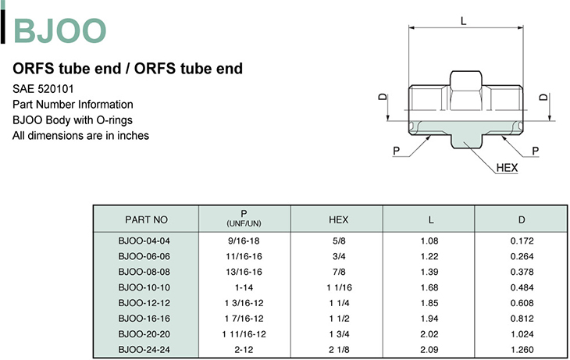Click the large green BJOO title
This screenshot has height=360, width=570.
pyautogui.click(x=60, y=31)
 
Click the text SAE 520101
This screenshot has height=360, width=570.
pyautogui.click(x=43, y=89)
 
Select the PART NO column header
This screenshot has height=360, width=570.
pyautogui.click(x=146, y=219)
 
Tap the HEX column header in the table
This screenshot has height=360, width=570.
pyautogui.click(x=338, y=219)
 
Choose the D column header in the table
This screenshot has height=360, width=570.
pyautogui.click(x=522, y=219)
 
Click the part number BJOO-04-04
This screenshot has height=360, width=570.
pyautogui.click(x=144, y=241)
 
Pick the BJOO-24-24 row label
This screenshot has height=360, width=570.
pyautogui.click(x=144, y=349)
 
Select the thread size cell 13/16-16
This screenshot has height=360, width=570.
pyautogui.click(x=244, y=272)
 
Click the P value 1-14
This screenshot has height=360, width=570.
pyautogui.click(x=244, y=287)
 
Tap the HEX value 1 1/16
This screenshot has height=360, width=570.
pyautogui.click(x=339, y=287)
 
